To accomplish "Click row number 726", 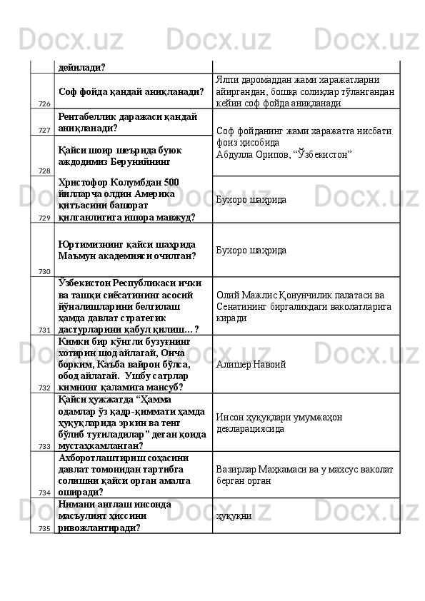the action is [x=44, y=104].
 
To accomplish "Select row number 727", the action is [x=44, y=131].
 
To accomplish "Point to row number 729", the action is [x=44, y=218].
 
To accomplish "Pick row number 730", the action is [x=44, y=271].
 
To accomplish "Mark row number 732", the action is [x=44, y=388].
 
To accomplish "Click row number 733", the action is [x=44, y=446].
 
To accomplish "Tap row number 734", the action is [x=44, y=493].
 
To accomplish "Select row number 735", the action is [x=44, y=528].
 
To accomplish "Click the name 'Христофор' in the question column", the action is [x=85, y=181].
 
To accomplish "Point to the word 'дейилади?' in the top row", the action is [x=82, y=67].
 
